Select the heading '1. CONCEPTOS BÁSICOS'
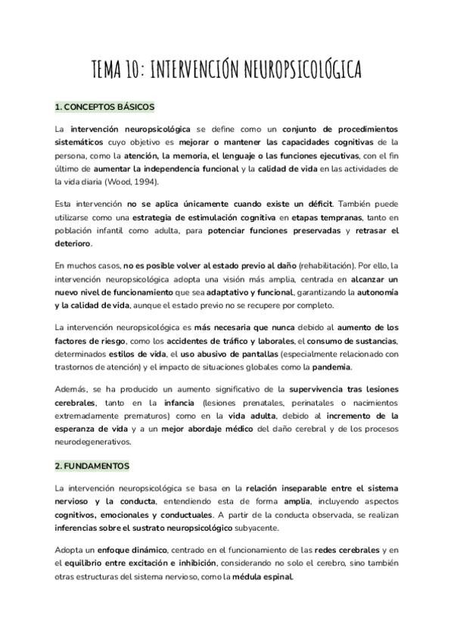pos(104,107)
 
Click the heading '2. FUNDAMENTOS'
pos(92,466)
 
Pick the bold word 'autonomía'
pos(378,292)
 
